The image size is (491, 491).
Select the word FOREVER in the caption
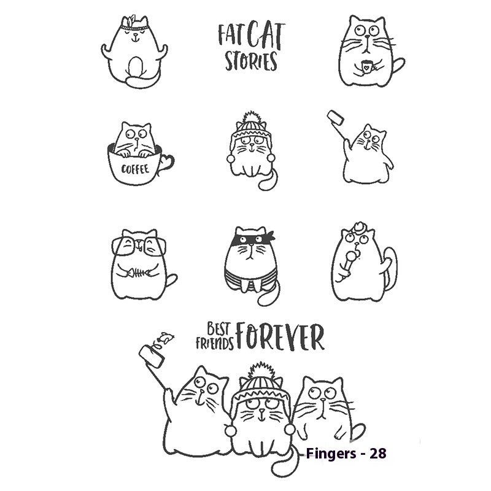[x=280, y=337]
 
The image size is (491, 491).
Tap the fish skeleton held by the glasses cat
[x=136, y=271]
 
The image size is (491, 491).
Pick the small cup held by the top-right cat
[x=366, y=66]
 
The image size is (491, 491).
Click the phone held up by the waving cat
[x=335, y=117]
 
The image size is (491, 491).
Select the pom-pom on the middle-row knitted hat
[x=252, y=118]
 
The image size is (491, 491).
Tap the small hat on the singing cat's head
[x=356, y=226]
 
